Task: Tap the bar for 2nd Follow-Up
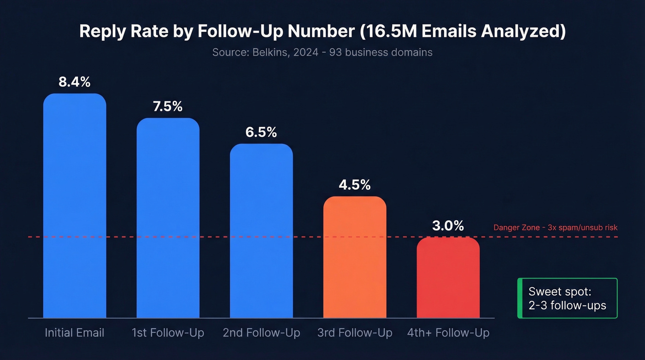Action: (x=261, y=230)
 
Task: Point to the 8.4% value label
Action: (x=75, y=82)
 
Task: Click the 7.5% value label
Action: (x=168, y=106)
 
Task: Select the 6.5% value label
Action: (x=261, y=132)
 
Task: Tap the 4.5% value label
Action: (x=355, y=185)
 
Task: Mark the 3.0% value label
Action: (x=448, y=226)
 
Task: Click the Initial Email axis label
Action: (x=75, y=333)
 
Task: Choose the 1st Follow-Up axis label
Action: (x=168, y=333)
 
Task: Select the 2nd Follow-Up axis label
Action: (x=261, y=333)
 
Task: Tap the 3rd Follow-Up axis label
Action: (x=355, y=333)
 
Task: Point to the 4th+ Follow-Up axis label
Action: (x=448, y=333)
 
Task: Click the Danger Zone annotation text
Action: (x=555, y=228)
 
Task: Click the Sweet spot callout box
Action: (x=567, y=298)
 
